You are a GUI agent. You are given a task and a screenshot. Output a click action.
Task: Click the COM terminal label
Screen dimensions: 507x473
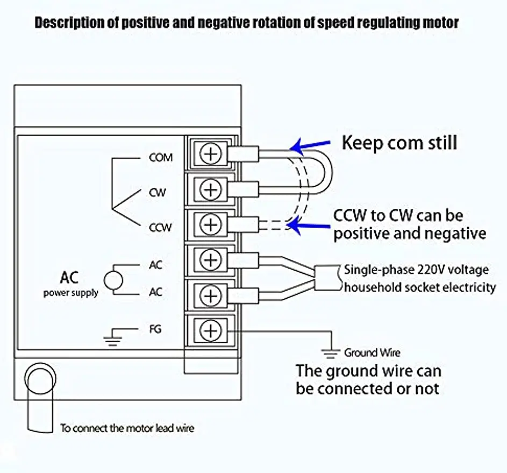pos(161,158)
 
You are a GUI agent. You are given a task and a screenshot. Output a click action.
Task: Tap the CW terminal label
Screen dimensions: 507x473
pos(158,193)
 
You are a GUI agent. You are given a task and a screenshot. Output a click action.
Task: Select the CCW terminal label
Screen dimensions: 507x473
pos(160,228)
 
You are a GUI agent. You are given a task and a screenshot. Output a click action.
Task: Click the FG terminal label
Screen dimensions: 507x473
pos(155,329)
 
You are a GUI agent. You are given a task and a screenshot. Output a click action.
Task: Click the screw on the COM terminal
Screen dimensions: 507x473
pos(211,154)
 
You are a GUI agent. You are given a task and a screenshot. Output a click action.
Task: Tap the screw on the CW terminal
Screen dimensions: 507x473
pos(211,189)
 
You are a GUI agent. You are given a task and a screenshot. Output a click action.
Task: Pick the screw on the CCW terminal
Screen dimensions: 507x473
pos(211,224)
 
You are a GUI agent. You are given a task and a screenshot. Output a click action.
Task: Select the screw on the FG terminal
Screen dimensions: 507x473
pos(211,330)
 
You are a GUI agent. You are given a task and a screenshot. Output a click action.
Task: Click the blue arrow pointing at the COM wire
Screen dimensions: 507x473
pos(310,146)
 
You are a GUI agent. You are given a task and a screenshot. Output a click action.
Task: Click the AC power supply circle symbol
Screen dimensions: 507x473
pos(113,280)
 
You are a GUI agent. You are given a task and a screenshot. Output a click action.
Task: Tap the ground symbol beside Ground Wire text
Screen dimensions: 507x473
pos(331,354)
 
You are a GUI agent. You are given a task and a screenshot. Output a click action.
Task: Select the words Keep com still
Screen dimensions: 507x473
pos(399,143)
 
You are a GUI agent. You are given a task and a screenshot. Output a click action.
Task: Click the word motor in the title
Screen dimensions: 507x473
pos(440,23)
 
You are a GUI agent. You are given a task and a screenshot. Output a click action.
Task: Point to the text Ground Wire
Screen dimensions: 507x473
pos(372,352)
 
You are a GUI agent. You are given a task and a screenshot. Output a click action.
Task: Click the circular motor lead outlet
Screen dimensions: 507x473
pos(40,378)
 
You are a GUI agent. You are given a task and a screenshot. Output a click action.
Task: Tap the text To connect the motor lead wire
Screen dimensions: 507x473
pos(127,428)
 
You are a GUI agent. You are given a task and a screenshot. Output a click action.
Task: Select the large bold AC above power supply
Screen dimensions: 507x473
pos(69,278)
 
